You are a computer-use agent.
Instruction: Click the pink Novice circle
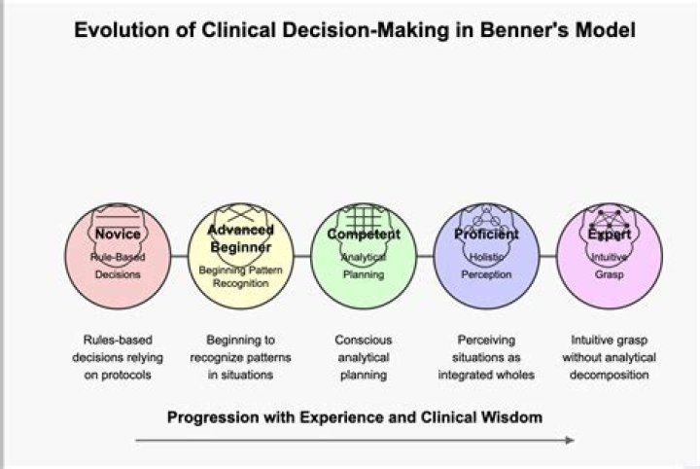[x=118, y=255]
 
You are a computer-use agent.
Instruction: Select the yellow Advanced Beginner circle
[x=240, y=255]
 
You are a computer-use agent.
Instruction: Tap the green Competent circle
[x=363, y=255]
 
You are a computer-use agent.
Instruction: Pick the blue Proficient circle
[x=486, y=255]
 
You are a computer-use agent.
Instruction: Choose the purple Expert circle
[x=610, y=255]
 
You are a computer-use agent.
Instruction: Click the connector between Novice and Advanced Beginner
[x=179, y=255]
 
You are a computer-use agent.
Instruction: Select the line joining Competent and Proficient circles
[x=425, y=255]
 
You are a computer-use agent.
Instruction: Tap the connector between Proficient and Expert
[x=548, y=255]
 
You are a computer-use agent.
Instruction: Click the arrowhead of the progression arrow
[x=570, y=441]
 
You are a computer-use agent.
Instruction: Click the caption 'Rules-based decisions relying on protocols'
[x=118, y=357]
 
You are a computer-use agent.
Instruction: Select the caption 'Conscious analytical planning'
[x=363, y=357]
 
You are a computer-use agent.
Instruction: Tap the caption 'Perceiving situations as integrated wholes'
[x=486, y=357]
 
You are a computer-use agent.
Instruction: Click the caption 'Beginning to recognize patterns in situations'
[x=240, y=357]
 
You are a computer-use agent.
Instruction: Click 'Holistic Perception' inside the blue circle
[x=486, y=266]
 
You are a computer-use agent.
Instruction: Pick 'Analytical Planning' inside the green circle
[x=363, y=266]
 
